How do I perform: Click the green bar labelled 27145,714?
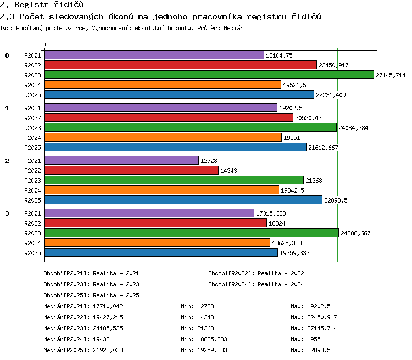(209, 75)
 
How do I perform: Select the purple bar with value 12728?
(121, 160)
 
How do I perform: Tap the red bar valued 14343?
(131, 170)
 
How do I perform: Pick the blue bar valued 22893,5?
(183, 200)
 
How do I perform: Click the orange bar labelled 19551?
(163, 137)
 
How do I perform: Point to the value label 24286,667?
(355, 233)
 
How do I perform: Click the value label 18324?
(277, 223)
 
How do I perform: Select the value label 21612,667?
(323, 148)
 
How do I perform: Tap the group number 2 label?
(7, 161)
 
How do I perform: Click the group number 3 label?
(7, 213)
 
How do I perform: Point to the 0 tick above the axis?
(44, 44)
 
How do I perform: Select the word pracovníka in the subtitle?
(217, 16)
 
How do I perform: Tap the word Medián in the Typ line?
(233, 28)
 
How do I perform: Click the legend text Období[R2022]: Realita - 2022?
(256, 273)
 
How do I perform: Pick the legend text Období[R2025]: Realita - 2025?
(91, 295)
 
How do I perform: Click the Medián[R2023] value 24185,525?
(108, 328)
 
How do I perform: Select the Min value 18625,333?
(212, 339)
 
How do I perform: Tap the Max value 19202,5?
(319, 306)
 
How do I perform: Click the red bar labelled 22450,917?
(181, 65)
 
